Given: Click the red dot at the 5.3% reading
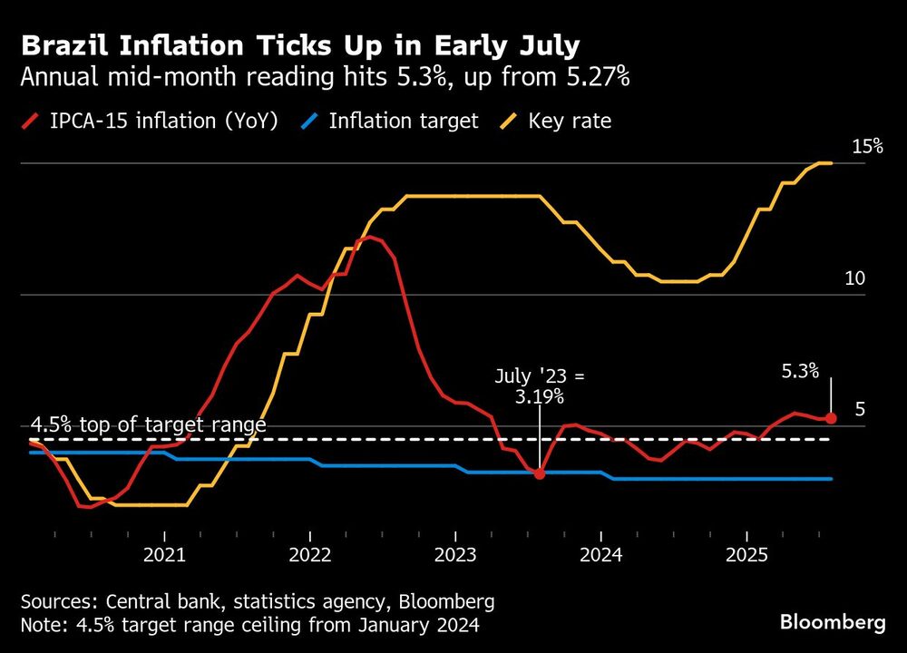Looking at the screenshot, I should (x=832, y=417).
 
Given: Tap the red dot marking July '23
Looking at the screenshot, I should (x=540, y=473).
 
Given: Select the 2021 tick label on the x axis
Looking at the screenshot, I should (x=164, y=553).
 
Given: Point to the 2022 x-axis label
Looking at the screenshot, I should (x=310, y=553).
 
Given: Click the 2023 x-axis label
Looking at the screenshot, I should (x=455, y=553).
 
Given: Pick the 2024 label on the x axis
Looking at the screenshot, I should (x=601, y=553).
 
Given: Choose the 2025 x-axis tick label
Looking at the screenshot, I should (x=746, y=553).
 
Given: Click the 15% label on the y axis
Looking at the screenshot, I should (x=866, y=146).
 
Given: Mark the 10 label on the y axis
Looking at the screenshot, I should (x=854, y=278).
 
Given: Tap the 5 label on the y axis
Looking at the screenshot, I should (x=860, y=409).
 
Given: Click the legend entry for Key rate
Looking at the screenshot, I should (x=569, y=121).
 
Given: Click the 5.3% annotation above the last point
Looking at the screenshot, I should (x=800, y=370).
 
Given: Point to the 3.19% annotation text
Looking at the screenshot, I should (x=541, y=396).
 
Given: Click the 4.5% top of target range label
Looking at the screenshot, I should (x=149, y=424).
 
